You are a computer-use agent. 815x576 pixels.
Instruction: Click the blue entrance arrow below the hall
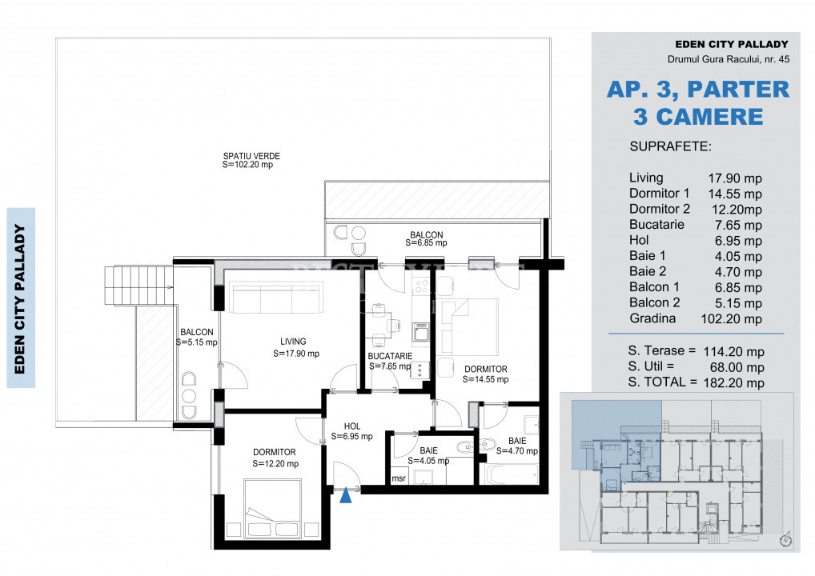click(x=346, y=496)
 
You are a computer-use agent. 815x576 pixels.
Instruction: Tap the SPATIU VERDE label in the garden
click(x=251, y=156)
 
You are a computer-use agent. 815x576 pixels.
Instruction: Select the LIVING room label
click(x=293, y=342)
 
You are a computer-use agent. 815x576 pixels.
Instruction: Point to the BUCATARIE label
click(x=390, y=356)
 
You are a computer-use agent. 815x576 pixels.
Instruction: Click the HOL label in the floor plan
click(x=352, y=426)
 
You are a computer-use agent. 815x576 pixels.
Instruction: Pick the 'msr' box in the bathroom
click(x=399, y=478)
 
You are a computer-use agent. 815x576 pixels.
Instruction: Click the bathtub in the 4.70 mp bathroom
click(x=511, y=474)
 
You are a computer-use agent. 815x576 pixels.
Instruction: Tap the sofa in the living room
click(x=276, y=297)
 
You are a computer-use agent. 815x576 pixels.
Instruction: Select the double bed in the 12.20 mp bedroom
click(x=272, y=509)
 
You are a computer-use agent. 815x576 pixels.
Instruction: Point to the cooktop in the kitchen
click(x=420, y=370)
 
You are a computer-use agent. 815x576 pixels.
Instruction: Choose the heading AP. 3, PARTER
click(x=697, y=90)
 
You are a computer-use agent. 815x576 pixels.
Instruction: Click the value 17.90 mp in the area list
click(x=735, y=178)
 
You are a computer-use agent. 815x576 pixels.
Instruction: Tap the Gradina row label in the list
click(x=652, y=318)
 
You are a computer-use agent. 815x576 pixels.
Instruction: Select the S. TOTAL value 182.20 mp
click(x=734, y=382)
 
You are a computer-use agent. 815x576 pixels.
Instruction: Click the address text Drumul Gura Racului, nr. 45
click(x=729, y=59)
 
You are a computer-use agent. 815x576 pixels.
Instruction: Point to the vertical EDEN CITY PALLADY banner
click(x=21, y=298)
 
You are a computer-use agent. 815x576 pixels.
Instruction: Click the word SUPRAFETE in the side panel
click(x=671, y=146)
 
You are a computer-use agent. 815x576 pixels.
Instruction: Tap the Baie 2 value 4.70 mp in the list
click(x=738, y=272)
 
